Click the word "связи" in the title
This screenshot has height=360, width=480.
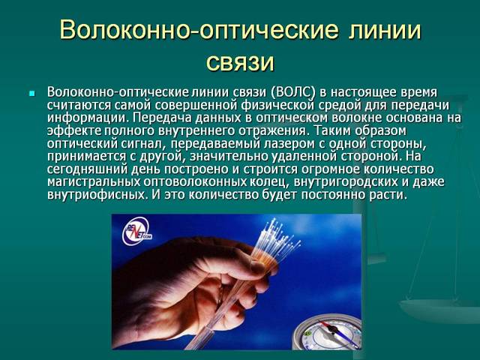point(239,61)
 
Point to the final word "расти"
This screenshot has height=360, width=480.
point(388,195)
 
